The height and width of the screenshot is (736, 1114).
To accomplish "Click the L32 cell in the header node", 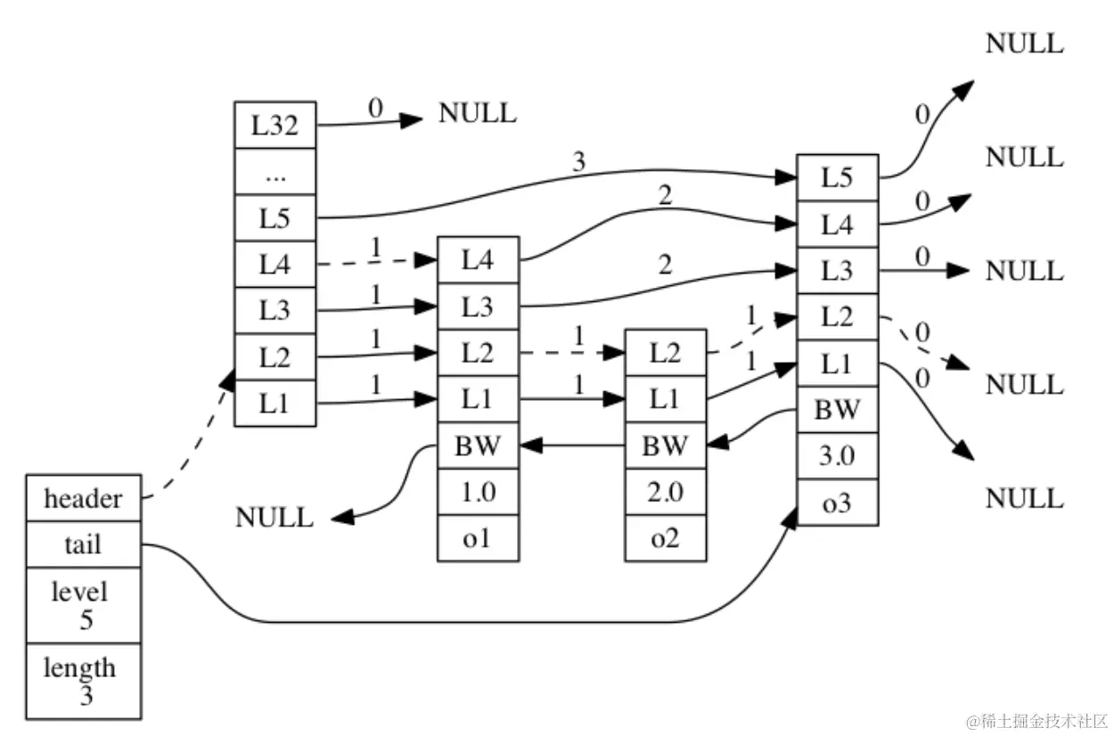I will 274,125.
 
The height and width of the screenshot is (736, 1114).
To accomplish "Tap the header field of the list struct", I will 83,497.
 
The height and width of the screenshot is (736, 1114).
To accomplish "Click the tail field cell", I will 83,544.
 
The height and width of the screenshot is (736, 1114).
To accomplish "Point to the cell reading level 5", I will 83,605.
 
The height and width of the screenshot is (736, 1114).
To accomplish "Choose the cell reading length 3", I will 83,681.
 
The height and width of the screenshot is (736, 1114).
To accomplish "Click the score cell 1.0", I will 478,492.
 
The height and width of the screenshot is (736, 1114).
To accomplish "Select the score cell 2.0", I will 665,492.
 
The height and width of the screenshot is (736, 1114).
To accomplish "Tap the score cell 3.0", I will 837,457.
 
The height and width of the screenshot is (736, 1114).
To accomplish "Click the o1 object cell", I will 478,538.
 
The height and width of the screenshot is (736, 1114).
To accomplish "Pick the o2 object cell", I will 665,538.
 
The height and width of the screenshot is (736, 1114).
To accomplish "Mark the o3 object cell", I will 837,503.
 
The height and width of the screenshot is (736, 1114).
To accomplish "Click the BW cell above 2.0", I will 665,446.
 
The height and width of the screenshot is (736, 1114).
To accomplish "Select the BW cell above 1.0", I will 478,446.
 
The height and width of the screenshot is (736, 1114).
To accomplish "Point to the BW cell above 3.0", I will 837,410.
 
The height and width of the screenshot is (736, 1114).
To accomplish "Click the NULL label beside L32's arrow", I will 477,114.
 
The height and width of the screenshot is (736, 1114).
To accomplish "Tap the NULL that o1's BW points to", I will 274,517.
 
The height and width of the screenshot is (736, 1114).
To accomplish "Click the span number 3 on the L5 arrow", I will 580,163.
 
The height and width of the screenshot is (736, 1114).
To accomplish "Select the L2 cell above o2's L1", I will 665,352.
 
